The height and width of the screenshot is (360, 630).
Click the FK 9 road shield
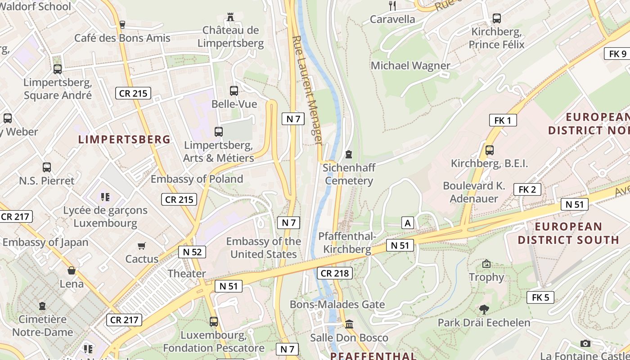(617, 54)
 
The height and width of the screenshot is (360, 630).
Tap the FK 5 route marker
(540, 297)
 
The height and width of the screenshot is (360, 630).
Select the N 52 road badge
(192, 252)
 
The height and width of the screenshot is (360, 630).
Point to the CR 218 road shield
(335, 273)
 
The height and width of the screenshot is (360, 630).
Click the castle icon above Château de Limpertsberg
(230, 17)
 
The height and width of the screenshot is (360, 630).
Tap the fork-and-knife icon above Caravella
(392, 5)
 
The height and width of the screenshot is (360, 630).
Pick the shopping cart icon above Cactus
(142, 246)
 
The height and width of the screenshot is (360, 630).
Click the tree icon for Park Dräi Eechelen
(484, 310)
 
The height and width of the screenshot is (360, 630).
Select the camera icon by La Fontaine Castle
(585, 343)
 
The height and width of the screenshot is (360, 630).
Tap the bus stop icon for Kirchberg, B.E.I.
(490, 150)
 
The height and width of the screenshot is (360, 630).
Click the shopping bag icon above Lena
(72, 270)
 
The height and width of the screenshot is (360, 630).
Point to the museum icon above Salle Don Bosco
(349, 324)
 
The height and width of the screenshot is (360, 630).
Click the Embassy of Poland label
(197, 179)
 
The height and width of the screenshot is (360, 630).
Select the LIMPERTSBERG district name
(125, 139)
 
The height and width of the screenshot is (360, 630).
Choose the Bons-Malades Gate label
(337, 305)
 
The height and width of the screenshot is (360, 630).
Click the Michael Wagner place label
(410, 66)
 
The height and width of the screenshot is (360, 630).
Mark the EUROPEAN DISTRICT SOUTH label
(568, 233)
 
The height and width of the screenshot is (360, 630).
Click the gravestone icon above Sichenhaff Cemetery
(348, 154)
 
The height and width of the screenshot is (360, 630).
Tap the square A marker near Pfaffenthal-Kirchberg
(408, 223)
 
